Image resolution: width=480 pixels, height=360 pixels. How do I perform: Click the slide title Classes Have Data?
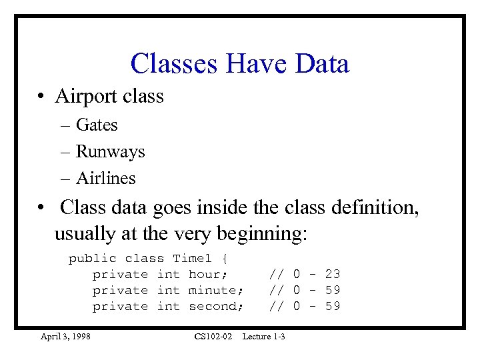[240, 64]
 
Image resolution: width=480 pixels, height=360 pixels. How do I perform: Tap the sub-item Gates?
[97, 125]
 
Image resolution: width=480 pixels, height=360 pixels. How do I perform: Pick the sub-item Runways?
[110, 151]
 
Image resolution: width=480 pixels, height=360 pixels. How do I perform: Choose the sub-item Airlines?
[106, 178]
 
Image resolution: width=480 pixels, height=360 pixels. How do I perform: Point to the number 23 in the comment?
[333, 274]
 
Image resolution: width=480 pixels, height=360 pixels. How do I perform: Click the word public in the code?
[92, 258]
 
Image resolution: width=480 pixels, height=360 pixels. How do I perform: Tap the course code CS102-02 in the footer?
[213, 336]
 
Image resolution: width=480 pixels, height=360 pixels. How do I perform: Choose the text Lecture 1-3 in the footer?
[263, 336]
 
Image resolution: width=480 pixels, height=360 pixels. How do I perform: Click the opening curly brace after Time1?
[225, 258]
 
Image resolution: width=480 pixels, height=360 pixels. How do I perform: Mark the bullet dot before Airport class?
[41, 97]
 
